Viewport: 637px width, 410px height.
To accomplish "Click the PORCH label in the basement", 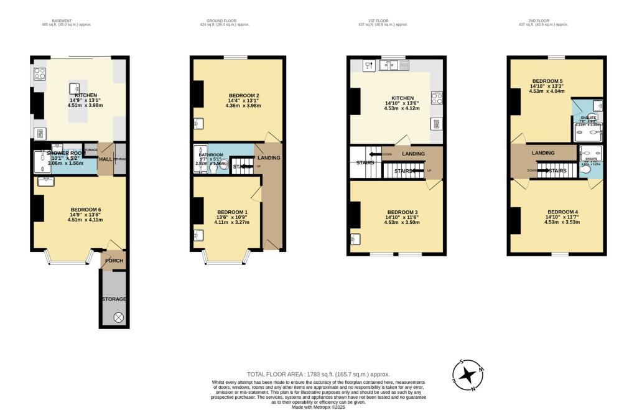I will coord(114,260).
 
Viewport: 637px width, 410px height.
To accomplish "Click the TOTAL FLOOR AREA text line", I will coord(318,374).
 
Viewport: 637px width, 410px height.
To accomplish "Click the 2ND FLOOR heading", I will coord(544,21).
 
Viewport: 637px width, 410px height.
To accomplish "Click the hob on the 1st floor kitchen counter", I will coord(436,98).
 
